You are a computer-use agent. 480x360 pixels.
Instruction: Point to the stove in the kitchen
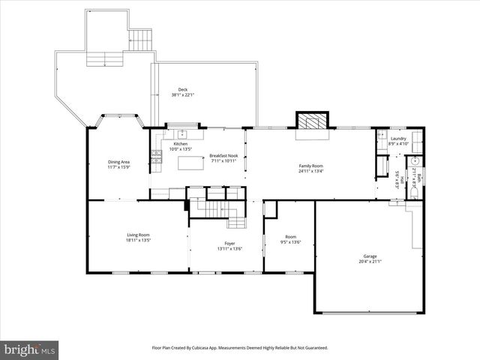[x=157, y=156]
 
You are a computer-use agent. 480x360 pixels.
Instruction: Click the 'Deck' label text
[x=183, y=89]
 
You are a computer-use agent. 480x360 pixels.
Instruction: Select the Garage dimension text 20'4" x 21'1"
[x=370, y=262]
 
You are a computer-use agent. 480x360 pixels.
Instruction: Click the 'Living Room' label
[x=138, y=235]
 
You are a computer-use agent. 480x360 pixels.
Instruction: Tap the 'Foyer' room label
[x=230, y=244]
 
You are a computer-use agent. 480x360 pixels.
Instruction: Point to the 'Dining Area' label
[x=119, y=161]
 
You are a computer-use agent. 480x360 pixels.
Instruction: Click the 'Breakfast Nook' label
[x=223, y=155]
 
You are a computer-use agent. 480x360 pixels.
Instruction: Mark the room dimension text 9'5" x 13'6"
[x=289, y=242]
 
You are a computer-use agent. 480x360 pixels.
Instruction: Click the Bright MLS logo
[x=29, y=349]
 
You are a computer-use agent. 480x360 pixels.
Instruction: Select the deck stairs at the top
[x=141, y=40]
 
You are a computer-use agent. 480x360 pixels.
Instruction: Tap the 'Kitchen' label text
[x=181, y=144]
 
